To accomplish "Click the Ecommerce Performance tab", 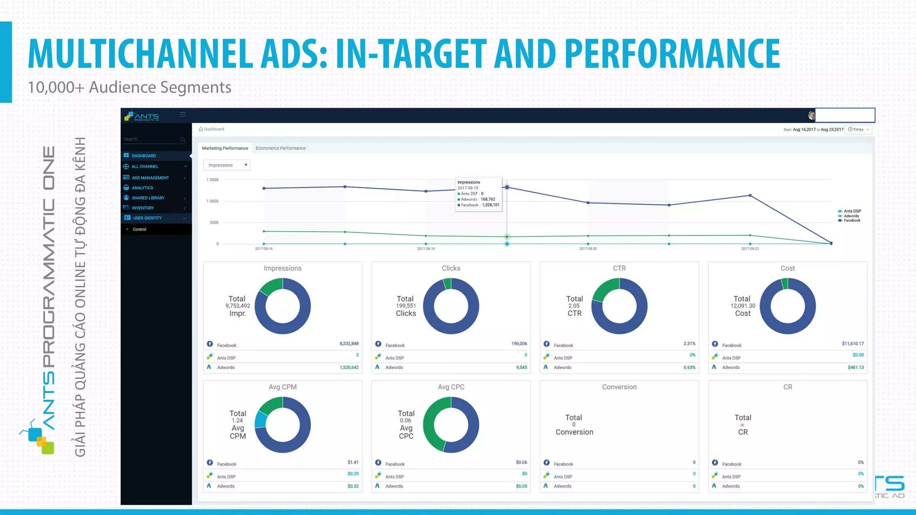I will click(x=280, y=148).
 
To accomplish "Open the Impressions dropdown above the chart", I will click(x=226, y=165).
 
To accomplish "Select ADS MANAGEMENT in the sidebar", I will click(x=150, y=178).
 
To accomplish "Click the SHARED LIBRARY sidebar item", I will click(x=148, y=198).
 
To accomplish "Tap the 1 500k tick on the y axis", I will click(x=212, y=180).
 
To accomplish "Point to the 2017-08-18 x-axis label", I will click(x=425, y=249).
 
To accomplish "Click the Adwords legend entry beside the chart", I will click(x=851, y=216).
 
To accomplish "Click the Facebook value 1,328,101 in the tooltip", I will click(x=490, y=205).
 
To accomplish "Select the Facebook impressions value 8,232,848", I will click(x=349, y=344).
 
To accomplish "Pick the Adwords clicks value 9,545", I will click(x=522, y=367).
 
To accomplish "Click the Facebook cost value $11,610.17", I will click(x=852, y=344).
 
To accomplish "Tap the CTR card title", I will click(x=619, y=268).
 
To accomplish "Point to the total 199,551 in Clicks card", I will click(x=406, y=306).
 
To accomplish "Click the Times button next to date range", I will click(x=858, y=130).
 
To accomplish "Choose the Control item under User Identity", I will click(x=140, y=229).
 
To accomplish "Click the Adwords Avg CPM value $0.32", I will click(x=353, y=486).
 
